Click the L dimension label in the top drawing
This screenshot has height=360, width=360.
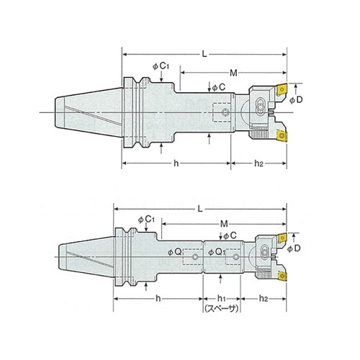[x=204, y=54]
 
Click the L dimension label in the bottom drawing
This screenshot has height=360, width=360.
[x=200, y=209]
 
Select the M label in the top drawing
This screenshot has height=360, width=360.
[x=233, y=73]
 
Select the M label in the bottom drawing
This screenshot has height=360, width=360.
[x=224, y=224]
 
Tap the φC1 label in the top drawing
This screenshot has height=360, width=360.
[x=161, y=66]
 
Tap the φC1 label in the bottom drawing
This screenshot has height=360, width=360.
[x=146, y=220]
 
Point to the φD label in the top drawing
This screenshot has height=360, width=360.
[x=296, y=100]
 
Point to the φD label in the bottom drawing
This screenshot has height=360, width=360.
[x=294, y=248]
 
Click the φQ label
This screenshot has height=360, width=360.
[x=174, y=252]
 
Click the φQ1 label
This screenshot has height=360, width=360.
[x=217, y=252]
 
